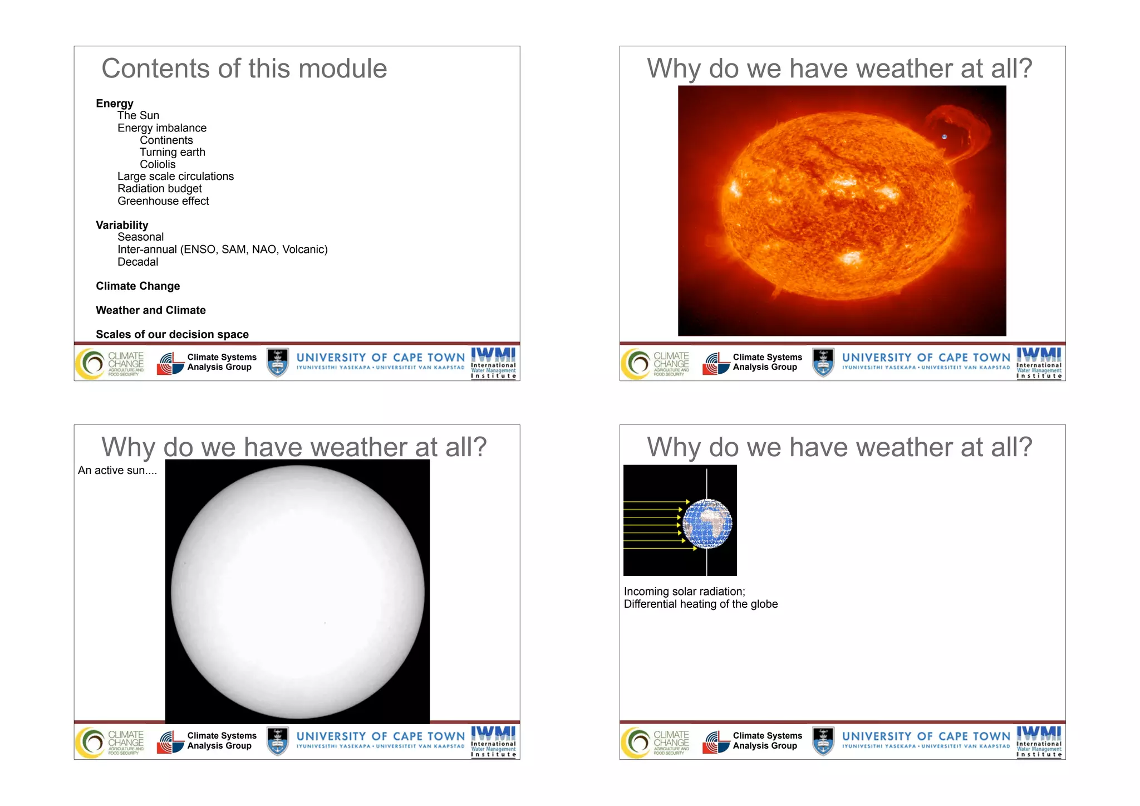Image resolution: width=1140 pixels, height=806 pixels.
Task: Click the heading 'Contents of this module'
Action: point(244,69)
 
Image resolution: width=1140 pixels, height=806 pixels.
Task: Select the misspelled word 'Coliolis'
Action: point(158,164)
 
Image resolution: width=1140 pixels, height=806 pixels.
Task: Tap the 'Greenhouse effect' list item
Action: point(163,201)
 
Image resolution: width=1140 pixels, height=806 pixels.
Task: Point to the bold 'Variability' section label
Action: point(122,225)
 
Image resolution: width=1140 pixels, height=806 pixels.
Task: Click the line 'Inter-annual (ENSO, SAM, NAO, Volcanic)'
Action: point(222,250)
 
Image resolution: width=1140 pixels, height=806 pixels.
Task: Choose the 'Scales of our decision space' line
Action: point(172,334)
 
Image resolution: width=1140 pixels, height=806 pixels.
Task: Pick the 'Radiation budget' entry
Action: point(159,189)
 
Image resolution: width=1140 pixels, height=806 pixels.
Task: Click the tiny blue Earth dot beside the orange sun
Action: point(944,136)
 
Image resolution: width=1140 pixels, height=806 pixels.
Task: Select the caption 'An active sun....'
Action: point(117,471)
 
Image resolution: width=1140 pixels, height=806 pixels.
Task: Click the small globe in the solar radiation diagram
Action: point(707,524)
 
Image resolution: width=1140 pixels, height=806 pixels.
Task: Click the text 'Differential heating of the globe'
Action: point(700,604)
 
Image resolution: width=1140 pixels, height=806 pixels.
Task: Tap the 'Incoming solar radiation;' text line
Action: point(684,592)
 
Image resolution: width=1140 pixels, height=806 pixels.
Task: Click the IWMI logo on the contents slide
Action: point(493,363)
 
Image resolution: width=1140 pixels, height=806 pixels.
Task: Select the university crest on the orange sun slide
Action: point(823,362)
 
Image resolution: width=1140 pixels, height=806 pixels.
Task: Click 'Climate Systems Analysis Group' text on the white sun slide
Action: point(222,741)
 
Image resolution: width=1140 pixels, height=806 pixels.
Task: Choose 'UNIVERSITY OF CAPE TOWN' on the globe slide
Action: point(925,736)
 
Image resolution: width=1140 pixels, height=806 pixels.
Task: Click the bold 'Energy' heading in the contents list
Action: point(115,104)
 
